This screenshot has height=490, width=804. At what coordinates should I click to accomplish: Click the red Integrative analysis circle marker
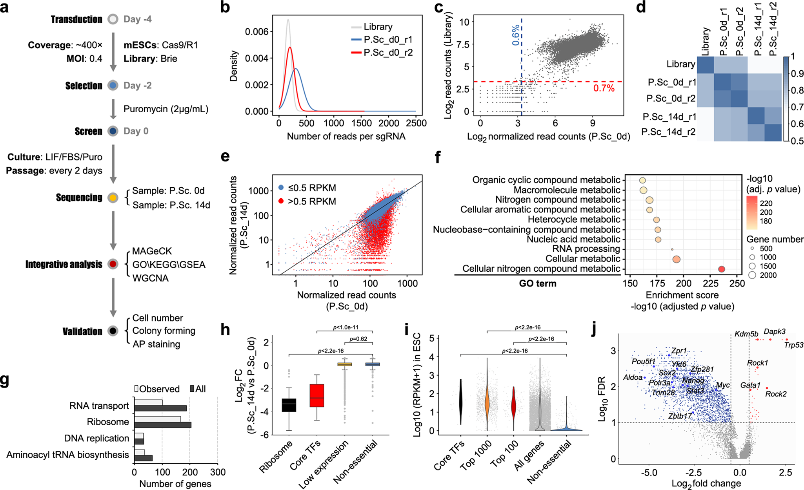[113, 264]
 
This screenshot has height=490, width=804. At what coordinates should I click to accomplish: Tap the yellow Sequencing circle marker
[113, 198]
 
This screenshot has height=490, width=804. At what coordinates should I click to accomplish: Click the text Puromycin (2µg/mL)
[166, 109]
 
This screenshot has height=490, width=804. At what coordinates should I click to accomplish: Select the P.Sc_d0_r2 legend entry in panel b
[387, 53]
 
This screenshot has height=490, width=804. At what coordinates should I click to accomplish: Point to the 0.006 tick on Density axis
[257, 31]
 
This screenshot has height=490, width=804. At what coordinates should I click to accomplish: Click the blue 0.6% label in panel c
[516, 35]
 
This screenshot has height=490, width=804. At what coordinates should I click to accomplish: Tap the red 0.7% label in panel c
[603, 88]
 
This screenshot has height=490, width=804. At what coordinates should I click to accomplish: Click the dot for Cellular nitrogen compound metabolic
[721, 269]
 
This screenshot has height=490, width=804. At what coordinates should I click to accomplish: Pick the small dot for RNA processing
[672, 249]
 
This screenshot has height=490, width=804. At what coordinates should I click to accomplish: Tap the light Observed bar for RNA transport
[148, 403]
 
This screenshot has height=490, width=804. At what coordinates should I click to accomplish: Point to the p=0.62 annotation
[358, 338]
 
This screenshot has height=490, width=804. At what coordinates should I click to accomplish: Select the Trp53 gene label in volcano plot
[793, 345]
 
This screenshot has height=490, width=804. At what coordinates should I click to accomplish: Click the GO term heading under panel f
[537, 283]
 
